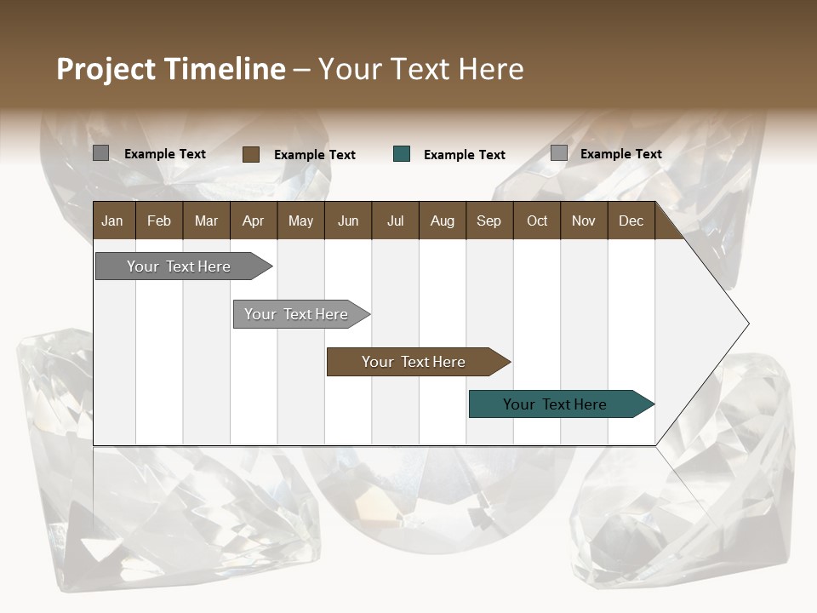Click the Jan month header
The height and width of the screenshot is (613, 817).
pyautogui.click(x=112, y=221)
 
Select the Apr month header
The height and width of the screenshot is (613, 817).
pyautogui.click(x=253, y=221)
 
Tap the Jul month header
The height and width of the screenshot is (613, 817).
pyautogui.click(x=395, y=221)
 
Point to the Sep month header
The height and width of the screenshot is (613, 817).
pyautogui.click(x=488, y=221)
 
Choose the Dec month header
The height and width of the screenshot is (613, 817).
pyautogui.click(x=631, y=221)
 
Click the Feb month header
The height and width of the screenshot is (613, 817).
pyautogui.click(x=159, y=221)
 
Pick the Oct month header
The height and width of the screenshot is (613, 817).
pyautogui.click(x=537, y=221)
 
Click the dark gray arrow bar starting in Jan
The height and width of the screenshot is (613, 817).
pyautogui.click(x=179, y=266)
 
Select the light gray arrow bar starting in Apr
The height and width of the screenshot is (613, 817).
pyautogui.click(x=296, y=314)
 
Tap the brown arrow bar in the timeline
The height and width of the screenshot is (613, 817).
pyautogui.click(x=414, y=362)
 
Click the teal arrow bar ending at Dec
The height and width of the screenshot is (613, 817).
pyautogui.click(x=555, y=404)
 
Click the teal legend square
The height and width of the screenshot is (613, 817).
pyautogui.click(x=402, y=154)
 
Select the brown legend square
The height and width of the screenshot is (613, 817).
pyautogui.click(x=251, y=154)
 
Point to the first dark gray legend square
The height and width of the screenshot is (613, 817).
pyautogui.click(x=100, y=153)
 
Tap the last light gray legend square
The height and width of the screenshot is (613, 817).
pyautogui.click(x=558, y=153)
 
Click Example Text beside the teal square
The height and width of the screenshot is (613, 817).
pyautogui.click(x=464, y=155)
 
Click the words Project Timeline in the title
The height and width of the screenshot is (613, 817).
pyautogui.click(x=170, y=69)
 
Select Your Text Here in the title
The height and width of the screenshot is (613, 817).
pyautogui.click(x=420, y=69)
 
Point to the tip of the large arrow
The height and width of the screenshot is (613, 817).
pyautogui.click(x=747, y=324)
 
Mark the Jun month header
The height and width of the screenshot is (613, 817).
pyautogui.click(x=348, y=221)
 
